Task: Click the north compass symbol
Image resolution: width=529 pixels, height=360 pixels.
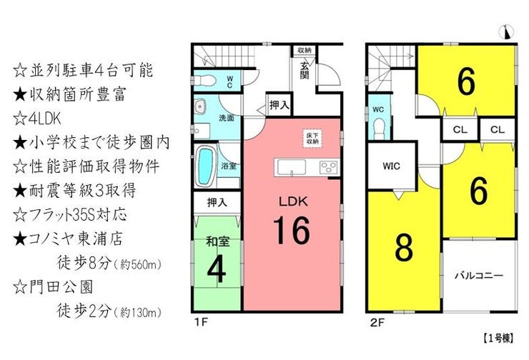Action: pyautogui.click(x=506, y=31)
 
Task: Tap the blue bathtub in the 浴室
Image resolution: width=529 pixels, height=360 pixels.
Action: pyautogui.click(x=205, y=166)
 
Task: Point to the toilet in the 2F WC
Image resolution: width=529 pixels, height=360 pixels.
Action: pyautogui.click(x=380, y=128)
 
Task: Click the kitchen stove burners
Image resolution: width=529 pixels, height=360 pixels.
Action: pyautogui.click(x=329, y=167)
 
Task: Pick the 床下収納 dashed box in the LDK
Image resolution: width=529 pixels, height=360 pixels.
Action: pyautogui.click(x=312, y=138)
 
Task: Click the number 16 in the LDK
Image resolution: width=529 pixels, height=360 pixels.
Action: pyautogui.click(x=292, y=231)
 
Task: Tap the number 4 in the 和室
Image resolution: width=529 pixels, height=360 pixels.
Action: pyautogui.click(x=217, y=269)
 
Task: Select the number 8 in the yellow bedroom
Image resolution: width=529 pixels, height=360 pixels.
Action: pyautogui.click(x=404, y=248)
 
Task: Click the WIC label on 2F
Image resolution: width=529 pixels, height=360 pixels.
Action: pyautogui.click(x=391, y=166)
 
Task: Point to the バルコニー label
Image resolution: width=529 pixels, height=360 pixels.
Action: pyautogui.click(x=479, y=276)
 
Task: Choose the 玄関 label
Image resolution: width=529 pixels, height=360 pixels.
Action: pyautogui.click(x=305, y=69)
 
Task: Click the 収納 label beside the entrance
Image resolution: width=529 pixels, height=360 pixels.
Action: pyautogui.click(x=305, y=50)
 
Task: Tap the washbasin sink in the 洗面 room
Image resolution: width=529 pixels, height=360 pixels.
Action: pyautogui.click(x=200, y=106)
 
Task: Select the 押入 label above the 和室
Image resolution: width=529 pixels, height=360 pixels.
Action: pyautogui.click(x=217, y=203)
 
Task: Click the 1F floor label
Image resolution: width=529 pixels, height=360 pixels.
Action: pyautogui.click(x=201, y=322)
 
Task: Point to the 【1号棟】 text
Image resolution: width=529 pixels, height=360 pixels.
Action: pyautogui.click(x=498, y=339)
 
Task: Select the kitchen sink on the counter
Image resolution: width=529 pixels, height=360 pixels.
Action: pyautogui.click(x=292, y=168)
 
